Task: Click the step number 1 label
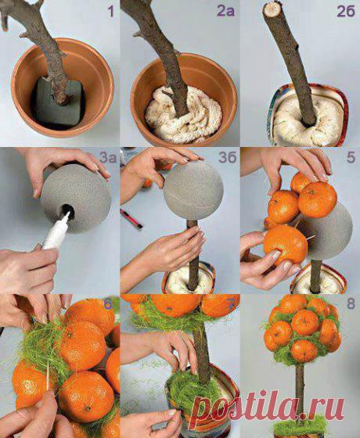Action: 111,11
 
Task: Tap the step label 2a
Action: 225,11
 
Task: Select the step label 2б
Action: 346,11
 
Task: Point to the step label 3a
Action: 108,157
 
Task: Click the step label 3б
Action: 228,157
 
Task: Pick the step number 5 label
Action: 351,157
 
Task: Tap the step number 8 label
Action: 351,303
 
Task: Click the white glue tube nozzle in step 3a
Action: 67,217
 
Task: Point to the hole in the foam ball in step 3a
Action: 67,212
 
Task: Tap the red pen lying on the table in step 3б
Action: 131,218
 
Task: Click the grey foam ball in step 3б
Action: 193,191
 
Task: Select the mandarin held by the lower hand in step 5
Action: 285,245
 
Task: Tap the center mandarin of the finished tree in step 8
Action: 305,322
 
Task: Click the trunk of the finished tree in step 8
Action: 300,391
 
